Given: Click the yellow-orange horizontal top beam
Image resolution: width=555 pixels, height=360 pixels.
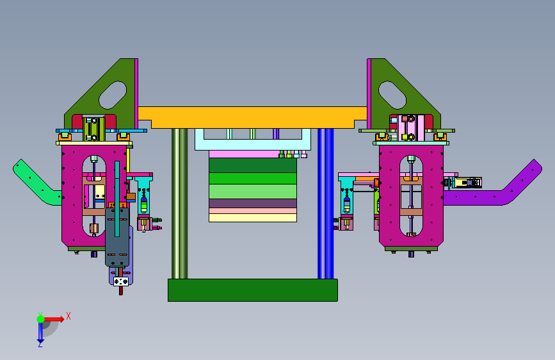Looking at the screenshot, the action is [x=252, y=117].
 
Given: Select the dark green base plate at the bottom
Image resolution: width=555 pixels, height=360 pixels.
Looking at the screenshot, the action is [x=253, y=290].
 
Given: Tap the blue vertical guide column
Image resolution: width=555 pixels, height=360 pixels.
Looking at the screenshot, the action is [x=326, y=204].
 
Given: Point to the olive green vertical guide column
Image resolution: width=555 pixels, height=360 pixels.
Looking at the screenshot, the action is [x=179, y=204].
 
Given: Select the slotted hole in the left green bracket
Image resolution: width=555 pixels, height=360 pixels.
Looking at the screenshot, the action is [x=113, y=95].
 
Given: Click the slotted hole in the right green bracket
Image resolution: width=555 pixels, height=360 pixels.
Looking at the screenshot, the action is [x=392, y=95].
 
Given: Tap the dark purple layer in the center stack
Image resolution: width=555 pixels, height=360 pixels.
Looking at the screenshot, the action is [x=253, y=204].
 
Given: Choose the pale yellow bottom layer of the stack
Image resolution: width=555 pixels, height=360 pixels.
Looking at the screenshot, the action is [x=253, y=218].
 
